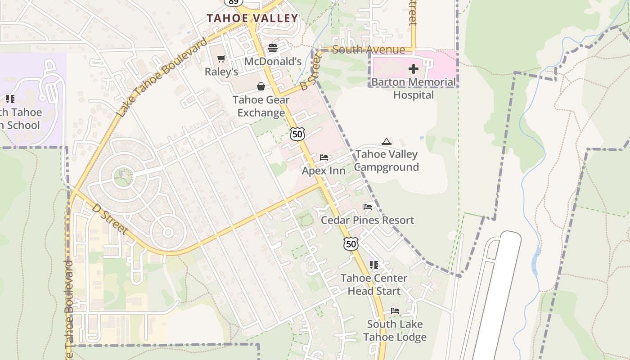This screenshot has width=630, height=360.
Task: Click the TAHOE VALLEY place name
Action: tap(252, 18)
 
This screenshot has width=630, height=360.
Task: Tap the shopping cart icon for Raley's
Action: tap(221, 58)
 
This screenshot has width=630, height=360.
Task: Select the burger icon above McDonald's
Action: tap(273, 48)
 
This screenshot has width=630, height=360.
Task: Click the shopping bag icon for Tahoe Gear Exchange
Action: tap(261, 86)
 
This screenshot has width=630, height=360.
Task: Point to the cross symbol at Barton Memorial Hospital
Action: tap(413, 69)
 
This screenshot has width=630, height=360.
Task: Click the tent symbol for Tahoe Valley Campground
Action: tap(386, 142)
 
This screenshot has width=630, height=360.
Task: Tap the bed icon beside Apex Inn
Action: tap(324, 157)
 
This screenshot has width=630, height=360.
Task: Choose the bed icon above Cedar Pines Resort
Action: tap(368, 207)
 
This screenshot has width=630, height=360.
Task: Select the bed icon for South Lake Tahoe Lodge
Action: tap(395, 310)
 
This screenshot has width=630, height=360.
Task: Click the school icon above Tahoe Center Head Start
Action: tap(373, 265)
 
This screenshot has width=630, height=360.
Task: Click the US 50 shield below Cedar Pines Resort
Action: tap(351, 243)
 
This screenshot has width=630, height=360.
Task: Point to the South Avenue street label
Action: tap(369, 49)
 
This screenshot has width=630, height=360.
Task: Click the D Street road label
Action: tap(110, 219)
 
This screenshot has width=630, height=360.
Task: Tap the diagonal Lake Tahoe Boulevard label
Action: tap(163, 77)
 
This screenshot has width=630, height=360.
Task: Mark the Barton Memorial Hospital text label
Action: tap(413, 89)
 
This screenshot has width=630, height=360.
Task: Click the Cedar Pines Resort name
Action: tap(367, 220)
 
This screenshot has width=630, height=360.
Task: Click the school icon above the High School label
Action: tap(10, 99)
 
